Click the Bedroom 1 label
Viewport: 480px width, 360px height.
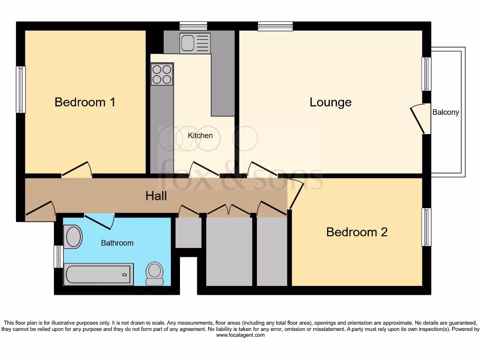tap(85, 102)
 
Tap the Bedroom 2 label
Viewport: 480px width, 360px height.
tap(357, 232)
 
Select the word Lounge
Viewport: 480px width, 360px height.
tap(330, 102)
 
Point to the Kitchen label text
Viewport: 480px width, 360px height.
tap(200, 135)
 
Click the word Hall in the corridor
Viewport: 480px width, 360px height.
tap(156, 195)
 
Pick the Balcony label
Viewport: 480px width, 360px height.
tap(446, 112)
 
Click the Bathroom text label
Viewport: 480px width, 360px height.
tap(117, 243)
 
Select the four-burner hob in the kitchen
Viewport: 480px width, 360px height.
tap(162, 75)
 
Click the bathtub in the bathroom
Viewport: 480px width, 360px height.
tap(99, 274)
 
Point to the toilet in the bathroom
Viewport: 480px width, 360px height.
tap(155, 273)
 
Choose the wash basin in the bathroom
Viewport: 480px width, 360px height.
tap(73, 236)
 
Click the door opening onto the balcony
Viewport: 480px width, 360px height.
tap(420, 120)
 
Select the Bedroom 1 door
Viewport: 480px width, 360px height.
tap(76, 170)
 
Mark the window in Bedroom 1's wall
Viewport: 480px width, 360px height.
tap(21, 90)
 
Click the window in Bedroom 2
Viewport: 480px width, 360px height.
tap(426, 227)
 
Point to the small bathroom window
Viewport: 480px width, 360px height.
tap(58, 256)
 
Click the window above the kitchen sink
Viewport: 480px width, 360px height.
tap(193, 26)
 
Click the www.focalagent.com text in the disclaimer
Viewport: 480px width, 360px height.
tap(240, 335)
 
